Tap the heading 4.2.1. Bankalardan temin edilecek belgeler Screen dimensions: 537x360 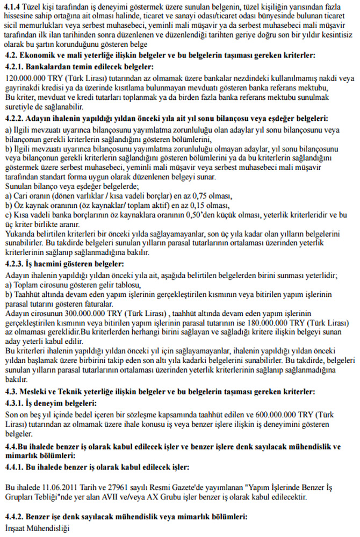[x=78, y=67]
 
